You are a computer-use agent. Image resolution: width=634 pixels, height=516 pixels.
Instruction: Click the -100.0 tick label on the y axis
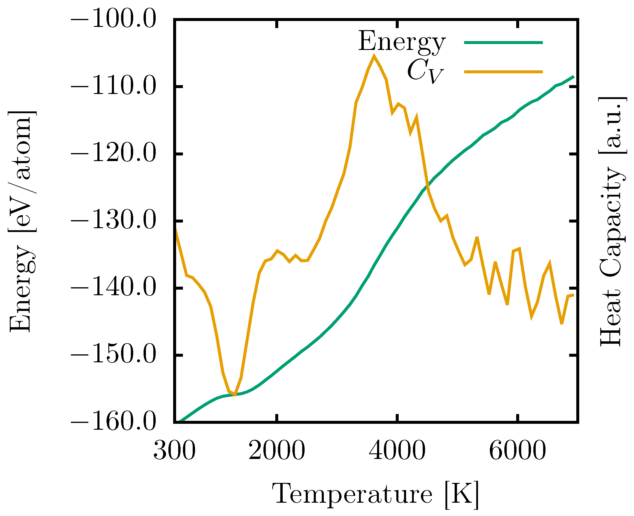click(113, 20)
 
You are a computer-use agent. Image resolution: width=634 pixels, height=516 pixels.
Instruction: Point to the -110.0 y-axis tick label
click(113, 87)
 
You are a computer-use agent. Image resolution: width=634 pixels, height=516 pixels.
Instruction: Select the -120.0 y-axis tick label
click(113, 154)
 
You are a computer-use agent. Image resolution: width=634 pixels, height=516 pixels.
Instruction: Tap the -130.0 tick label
click(113, 221)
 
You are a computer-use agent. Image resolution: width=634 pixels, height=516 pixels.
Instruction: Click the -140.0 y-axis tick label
click(113, 288)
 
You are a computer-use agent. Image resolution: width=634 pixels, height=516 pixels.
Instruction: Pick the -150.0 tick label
click(113, 355)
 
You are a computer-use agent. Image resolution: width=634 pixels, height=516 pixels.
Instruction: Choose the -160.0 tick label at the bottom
click(113, 422)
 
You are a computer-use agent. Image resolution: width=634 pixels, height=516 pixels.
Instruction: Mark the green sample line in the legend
click(503, 43)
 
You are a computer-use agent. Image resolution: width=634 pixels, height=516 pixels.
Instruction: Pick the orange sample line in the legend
click(503, 71)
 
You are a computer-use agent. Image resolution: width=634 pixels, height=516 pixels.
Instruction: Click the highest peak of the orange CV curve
click(374, 56)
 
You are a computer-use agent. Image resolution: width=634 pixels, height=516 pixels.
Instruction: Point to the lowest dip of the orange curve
click(235, 395)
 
